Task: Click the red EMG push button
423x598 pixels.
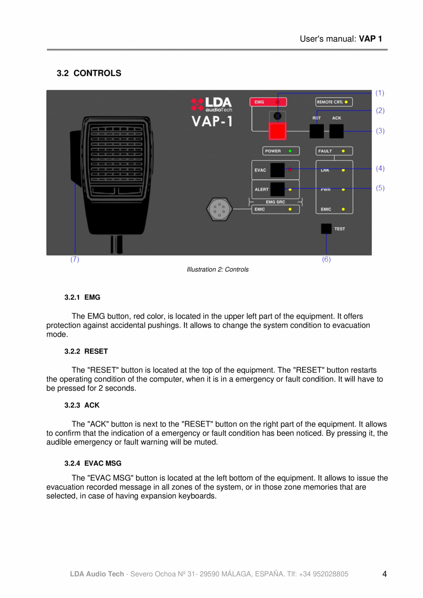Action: [277, 131]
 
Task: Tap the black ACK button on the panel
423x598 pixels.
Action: [337, 131]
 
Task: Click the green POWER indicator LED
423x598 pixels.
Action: [290, 151]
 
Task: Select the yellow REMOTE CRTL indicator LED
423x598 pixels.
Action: [346, 102]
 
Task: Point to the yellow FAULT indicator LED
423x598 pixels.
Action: [343, 151]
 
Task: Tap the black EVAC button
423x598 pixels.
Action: [277, 170]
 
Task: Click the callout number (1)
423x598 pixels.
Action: [380, 93]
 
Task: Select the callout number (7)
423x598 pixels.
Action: [74, 259]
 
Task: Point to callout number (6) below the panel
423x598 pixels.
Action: [326, 259]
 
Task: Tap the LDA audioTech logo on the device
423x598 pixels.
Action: [212, 104]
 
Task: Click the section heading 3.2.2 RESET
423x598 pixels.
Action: [86, 351]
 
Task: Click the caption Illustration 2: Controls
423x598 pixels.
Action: [217, 269]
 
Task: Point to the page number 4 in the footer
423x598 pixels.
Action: [384, 574]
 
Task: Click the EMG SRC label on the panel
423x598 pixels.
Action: [275, 201]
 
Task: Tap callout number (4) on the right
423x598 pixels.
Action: [380, 169]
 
